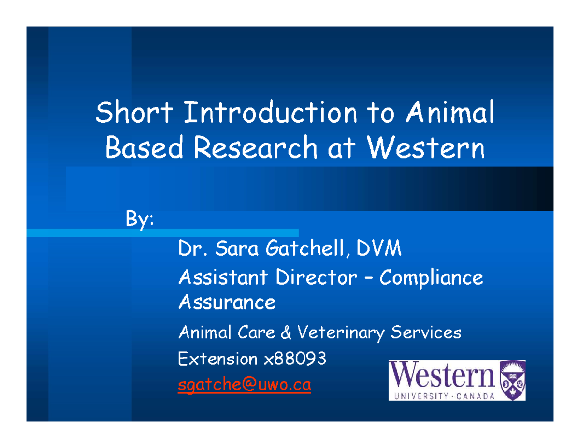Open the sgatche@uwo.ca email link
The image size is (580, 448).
[x=244, y=386]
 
